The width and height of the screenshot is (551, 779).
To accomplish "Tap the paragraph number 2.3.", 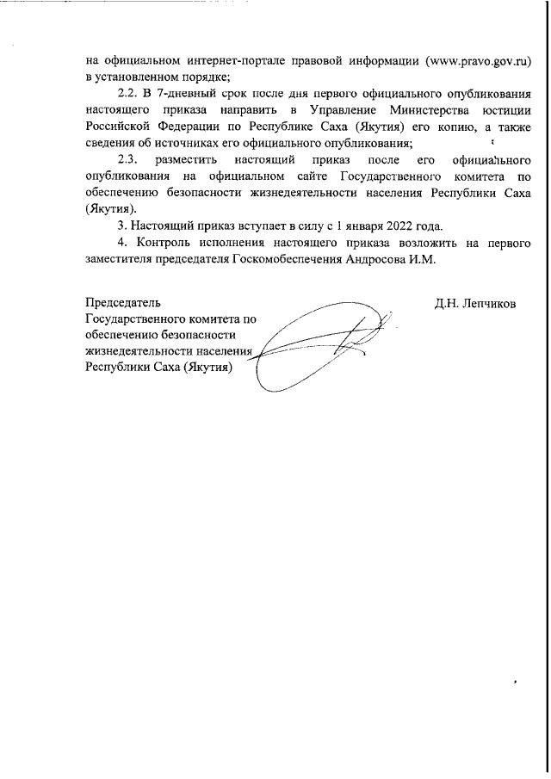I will click(127, 160).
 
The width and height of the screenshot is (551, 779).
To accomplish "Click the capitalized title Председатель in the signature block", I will click(123, 303).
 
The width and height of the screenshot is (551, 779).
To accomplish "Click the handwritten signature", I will click(319, 344).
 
